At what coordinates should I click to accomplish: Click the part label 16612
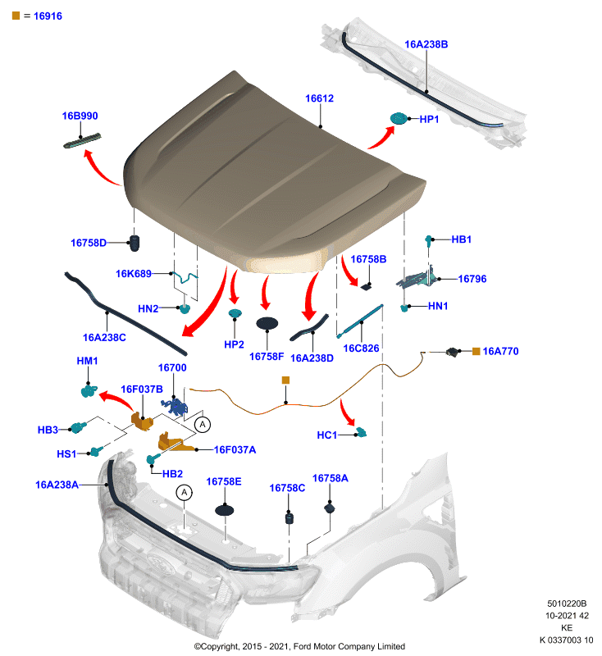[319, 98]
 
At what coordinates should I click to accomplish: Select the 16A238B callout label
[426, 44]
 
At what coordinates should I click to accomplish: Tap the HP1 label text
[429, 119]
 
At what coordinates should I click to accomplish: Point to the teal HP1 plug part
[399, 118]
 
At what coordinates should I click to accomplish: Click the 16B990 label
[80, 116]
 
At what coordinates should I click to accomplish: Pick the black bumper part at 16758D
[135, 243]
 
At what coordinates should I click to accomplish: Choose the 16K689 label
[134, 274]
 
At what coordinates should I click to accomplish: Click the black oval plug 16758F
[267, 323]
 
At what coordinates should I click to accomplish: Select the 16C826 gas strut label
[361, 348]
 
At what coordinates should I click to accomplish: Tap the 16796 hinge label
[472, 279]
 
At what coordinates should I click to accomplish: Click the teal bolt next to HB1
[428, 239]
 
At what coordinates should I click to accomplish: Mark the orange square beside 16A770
[476, 352]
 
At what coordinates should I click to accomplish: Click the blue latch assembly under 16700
[175, 407]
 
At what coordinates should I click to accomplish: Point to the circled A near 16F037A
[203, 425]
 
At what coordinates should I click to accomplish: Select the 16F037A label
[235, 449]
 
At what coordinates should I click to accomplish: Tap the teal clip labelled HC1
[361, 432]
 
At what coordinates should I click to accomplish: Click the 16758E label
[224, 481]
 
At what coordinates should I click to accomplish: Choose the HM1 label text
[87, 361]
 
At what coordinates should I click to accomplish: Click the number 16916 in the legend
[48, 16]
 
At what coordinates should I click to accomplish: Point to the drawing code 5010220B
[567, 604]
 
